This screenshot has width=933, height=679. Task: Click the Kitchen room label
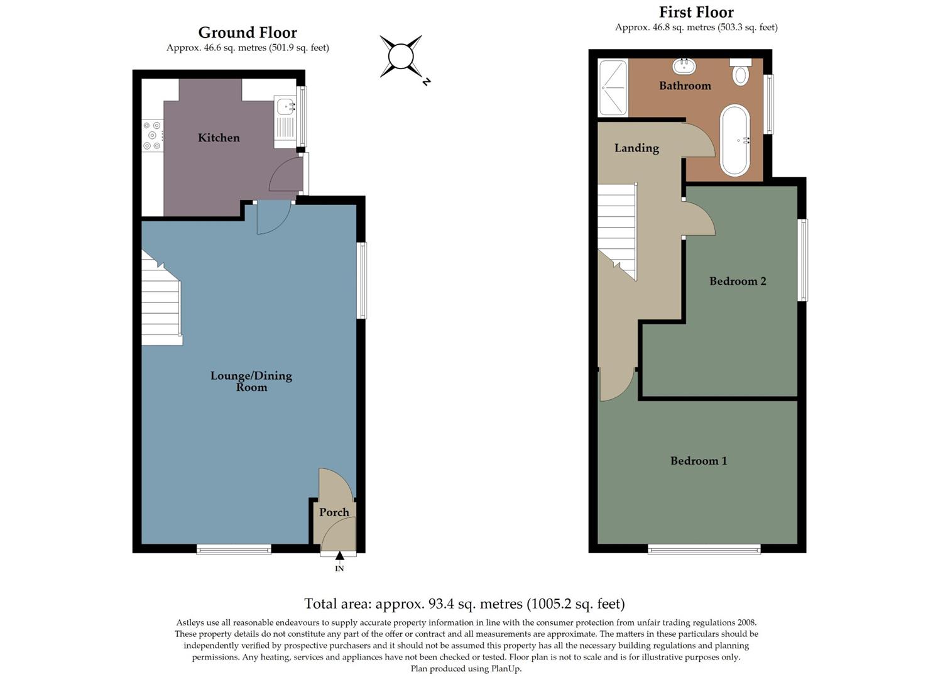(219, 138)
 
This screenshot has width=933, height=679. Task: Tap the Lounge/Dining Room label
(251, 381)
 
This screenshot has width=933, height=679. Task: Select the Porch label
(334, 512)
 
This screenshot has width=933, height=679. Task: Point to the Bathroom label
(685, 86)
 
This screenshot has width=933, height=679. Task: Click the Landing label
(636, 148)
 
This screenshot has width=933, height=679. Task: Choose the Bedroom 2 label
(738, 281)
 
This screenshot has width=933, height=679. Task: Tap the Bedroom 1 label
(699, 461)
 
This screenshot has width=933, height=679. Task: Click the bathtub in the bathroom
(734, 140)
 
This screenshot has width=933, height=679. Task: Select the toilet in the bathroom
(741, 72)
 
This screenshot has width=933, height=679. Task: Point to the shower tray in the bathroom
(613, 87)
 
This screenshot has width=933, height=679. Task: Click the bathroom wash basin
(683, 65)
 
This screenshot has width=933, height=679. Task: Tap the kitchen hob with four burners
(152, 136)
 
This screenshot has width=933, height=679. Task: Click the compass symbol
(401, 57)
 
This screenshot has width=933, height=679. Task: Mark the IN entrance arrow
(339, 556)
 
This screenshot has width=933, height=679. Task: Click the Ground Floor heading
(248, 32)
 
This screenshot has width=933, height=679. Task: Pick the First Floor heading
(696, 12)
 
